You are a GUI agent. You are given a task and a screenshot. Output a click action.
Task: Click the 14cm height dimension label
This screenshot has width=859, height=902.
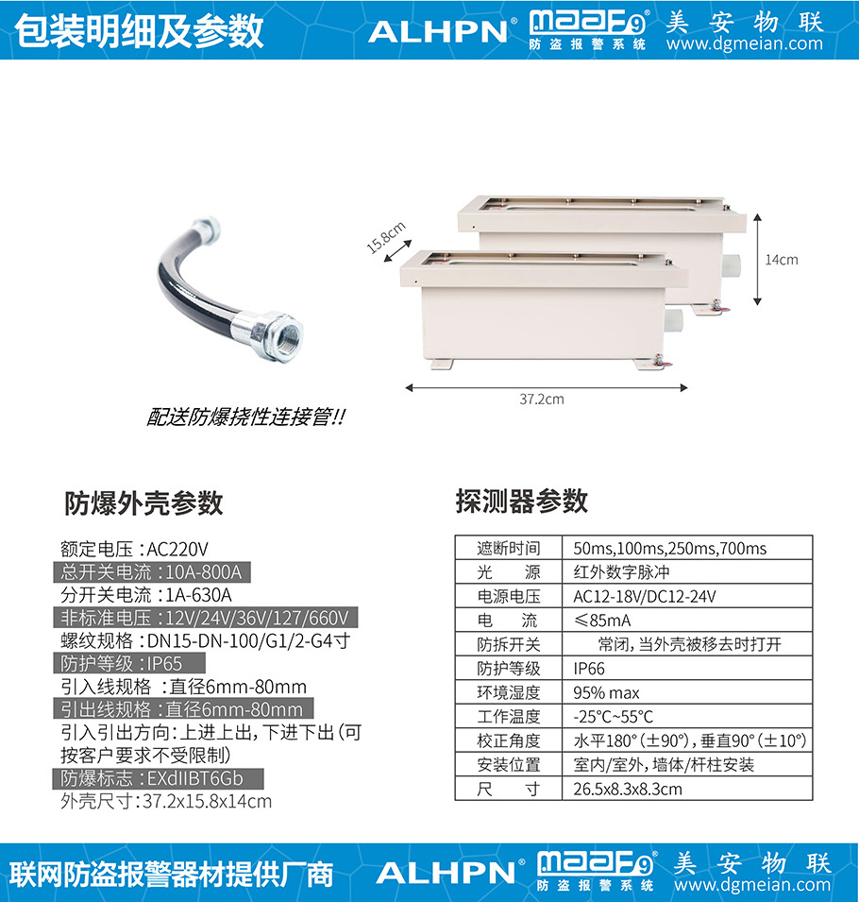tap(782, 260)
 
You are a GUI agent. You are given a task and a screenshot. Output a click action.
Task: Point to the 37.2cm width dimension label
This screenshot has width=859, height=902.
tap(542, 400)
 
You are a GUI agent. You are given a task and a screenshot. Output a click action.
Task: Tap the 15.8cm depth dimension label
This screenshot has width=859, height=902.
tap(386, 237)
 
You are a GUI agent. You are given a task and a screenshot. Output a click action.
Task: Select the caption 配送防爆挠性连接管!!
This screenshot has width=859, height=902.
tap(246, 417)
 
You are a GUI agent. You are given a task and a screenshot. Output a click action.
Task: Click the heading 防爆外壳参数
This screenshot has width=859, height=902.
tap(143, 503)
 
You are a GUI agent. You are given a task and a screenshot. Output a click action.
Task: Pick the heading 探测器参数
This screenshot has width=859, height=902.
tap(521, 501)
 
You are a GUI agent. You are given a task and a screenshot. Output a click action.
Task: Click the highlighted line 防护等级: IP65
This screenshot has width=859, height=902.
tap(129, 663)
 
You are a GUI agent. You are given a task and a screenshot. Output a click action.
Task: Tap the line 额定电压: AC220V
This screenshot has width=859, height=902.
tap(135, 550)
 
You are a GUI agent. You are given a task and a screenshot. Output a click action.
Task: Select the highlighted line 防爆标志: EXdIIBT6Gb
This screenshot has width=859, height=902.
tap(159, 778)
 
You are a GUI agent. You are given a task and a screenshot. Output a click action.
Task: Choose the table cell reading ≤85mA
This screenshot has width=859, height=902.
tap(602, 621)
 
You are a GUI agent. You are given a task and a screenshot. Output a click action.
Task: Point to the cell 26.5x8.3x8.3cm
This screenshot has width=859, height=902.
tap(628, 789)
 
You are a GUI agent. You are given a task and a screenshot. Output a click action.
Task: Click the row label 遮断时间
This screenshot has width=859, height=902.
tap(509, 548)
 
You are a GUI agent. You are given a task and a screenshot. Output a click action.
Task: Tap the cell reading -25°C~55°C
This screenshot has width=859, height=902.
tap(613, 717)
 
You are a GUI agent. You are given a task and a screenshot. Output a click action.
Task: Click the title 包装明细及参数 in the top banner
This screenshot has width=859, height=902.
tap(139, 31)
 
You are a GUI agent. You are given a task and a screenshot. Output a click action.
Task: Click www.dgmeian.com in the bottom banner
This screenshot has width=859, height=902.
tap(752, 884)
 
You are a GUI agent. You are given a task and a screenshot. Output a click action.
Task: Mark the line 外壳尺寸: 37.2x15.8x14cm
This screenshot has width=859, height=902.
tap(166, 801)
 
